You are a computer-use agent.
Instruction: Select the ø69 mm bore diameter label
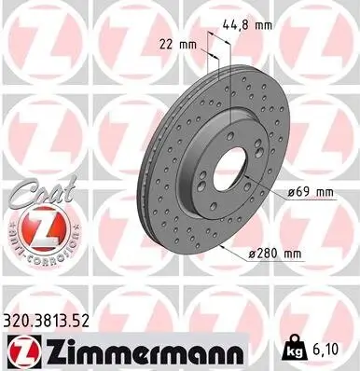[312, 193]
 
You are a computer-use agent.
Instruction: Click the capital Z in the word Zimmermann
[50, 350]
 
